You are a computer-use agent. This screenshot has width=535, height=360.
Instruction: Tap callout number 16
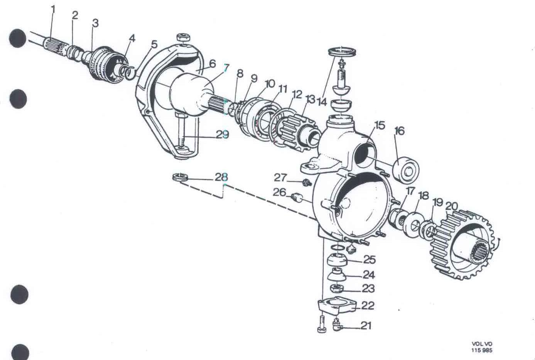pos(399,131)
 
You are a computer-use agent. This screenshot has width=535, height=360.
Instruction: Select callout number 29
pos(222,135)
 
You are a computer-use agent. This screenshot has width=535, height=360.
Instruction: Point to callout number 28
pos(221,177)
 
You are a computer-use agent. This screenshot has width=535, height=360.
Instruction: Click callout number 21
pos(366,326)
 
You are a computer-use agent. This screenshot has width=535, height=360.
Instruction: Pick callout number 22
pos(368,306)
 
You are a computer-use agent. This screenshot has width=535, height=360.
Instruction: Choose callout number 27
pos(280,177)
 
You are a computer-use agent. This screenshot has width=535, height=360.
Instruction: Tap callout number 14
pos(322,102)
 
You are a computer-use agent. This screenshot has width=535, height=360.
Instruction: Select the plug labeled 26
pos(296,198)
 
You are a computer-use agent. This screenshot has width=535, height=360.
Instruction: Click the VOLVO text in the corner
pos(482,344)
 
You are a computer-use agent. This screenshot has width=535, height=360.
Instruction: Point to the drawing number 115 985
pos(482,350)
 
